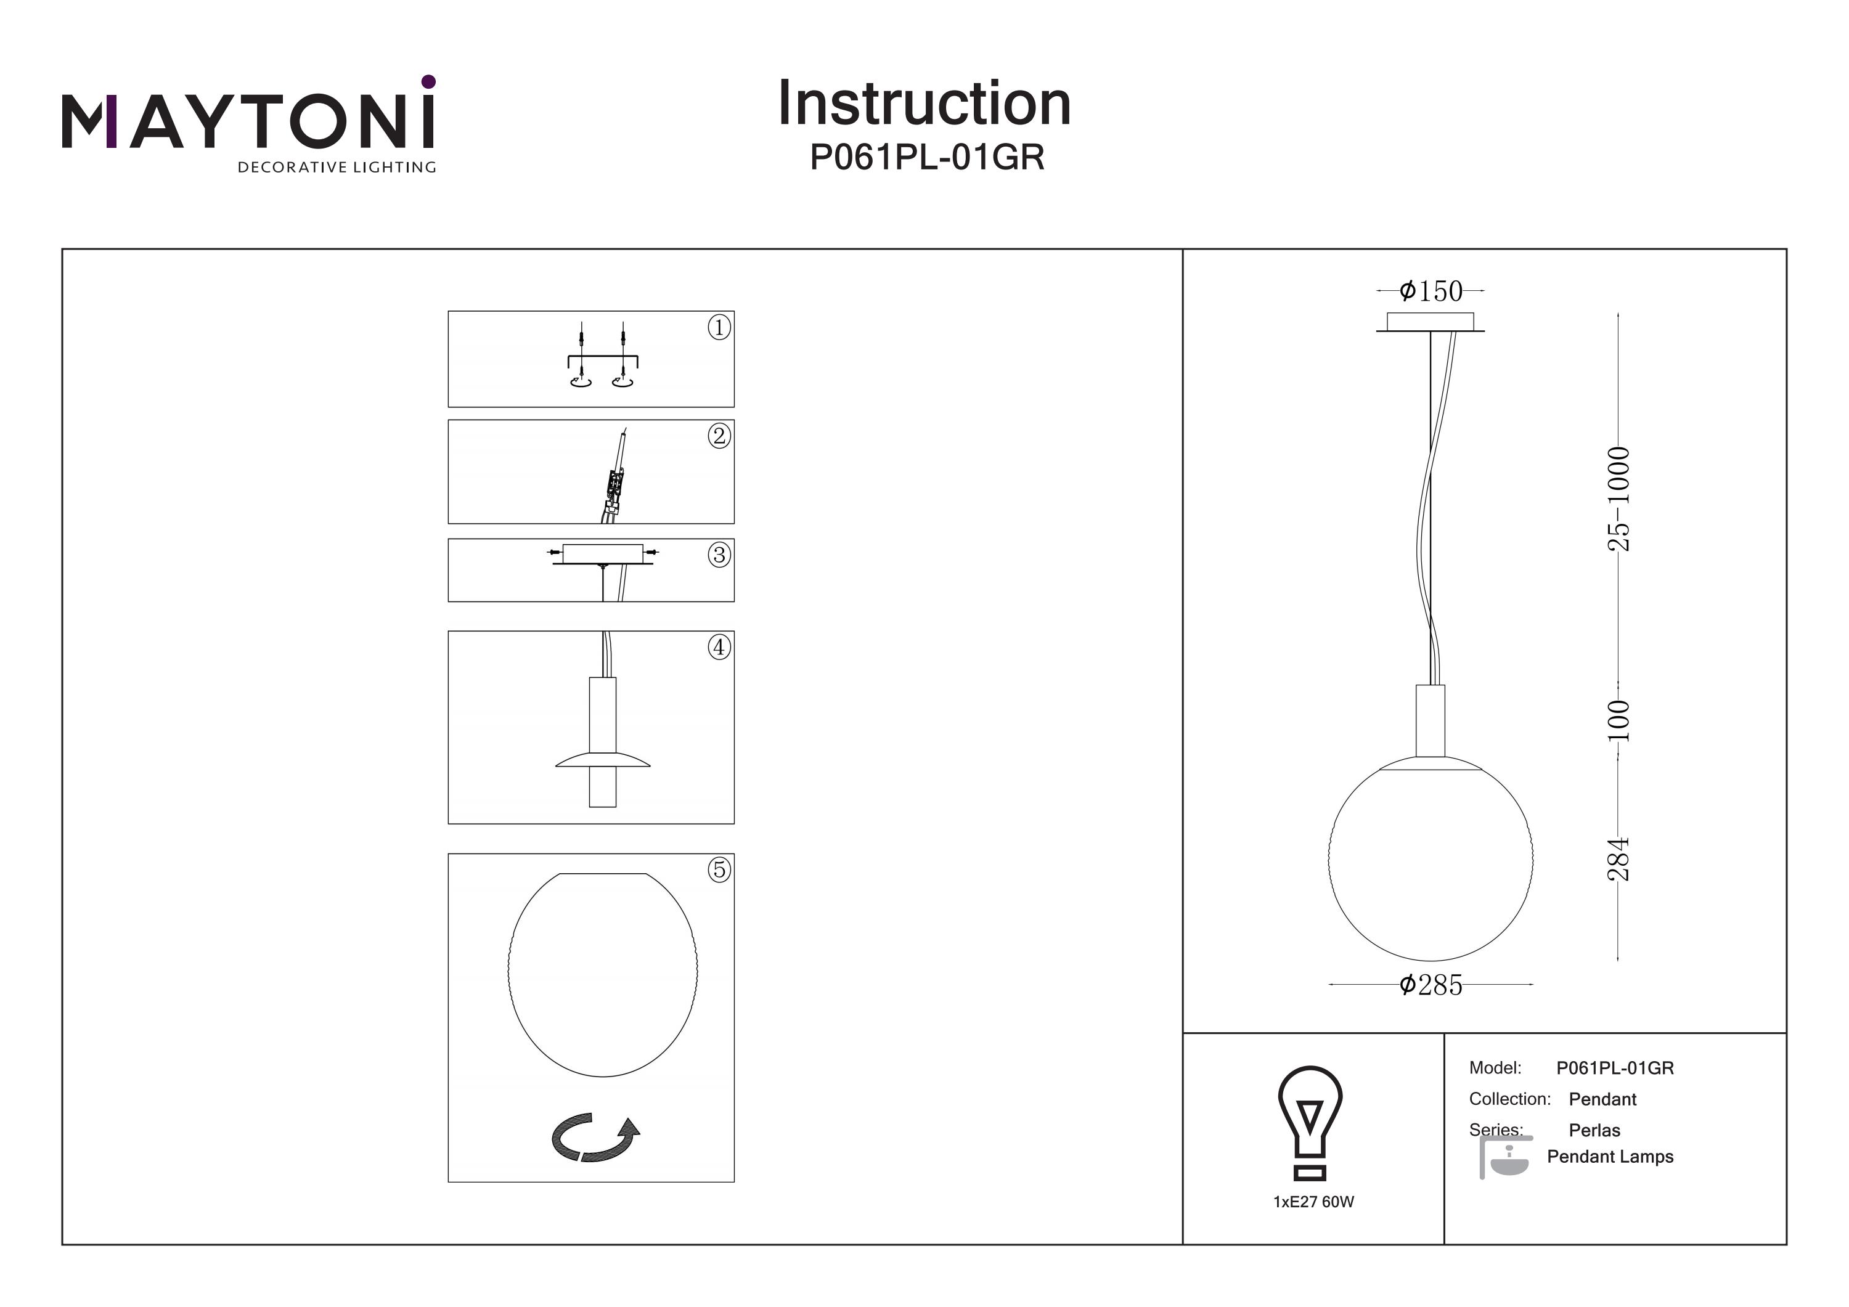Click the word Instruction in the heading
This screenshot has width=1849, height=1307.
[x=924, y=104]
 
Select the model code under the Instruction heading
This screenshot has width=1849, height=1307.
[x=926, y=158]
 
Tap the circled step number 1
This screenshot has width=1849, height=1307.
[x=719, y=327]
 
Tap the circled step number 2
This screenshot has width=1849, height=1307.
[x=719, y=436]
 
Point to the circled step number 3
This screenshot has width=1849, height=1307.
[x=719, y=555]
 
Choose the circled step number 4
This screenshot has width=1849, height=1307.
[x=719, y=646]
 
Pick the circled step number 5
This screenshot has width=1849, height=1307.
[x=719, y=869]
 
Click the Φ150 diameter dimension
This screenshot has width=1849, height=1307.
[x=1431, y=291]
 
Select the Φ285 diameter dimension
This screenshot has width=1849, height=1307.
[x=1431, y=985]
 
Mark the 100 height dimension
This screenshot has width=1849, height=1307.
[x=1618, y=721]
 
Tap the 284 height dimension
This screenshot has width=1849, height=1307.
[x=1618, y=858]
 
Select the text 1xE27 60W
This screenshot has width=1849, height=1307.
[x=1313, y=1202]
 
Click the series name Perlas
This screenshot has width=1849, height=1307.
[x=1594, y=1130]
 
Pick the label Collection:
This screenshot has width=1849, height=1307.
[x=1509, y=1099]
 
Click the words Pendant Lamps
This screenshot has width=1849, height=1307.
[x=1610, y=1157]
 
